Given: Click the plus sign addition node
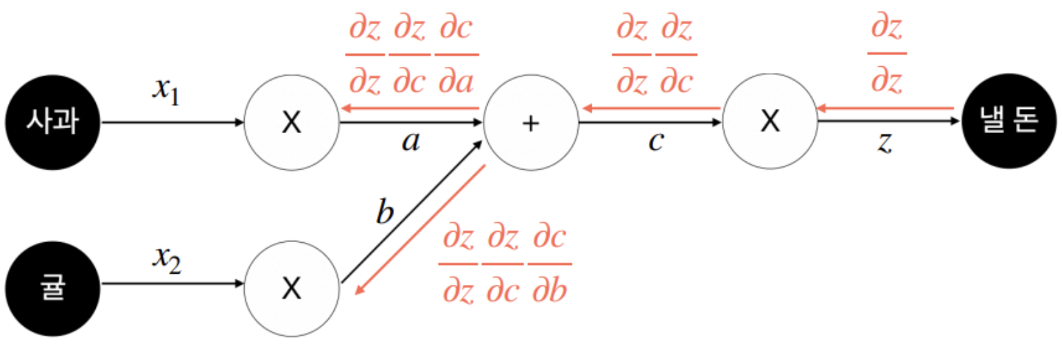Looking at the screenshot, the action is (530, 123).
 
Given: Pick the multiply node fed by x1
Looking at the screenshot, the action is (292, 123).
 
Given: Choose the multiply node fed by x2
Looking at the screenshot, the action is (292, 289).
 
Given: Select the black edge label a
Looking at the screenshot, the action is (410, 143).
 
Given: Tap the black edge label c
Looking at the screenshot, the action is (656, 143).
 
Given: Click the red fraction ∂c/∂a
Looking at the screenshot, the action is (457, 54).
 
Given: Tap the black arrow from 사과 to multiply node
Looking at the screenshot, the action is (172, 123).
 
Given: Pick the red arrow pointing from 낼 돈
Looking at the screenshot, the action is (885, 108).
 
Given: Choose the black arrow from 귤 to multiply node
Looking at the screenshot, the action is (172, 283).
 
